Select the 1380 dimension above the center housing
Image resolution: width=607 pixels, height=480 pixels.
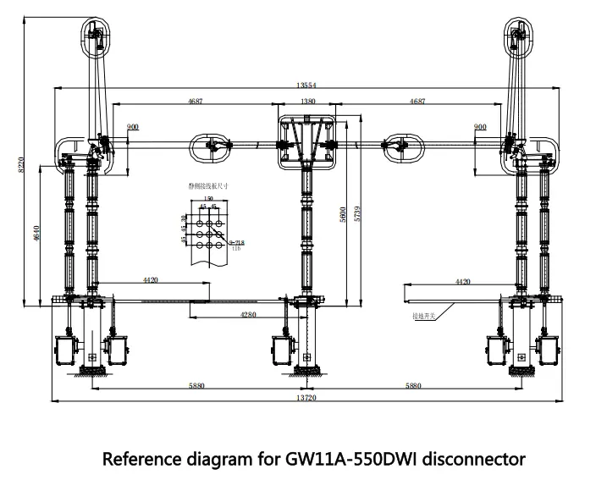[x=307, y=102]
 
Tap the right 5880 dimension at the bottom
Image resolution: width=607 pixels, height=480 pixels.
[x=413, y=385]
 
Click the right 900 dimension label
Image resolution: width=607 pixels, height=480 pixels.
[x=481, y=127]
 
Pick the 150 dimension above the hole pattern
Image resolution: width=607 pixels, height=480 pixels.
[x=207, y=198]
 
